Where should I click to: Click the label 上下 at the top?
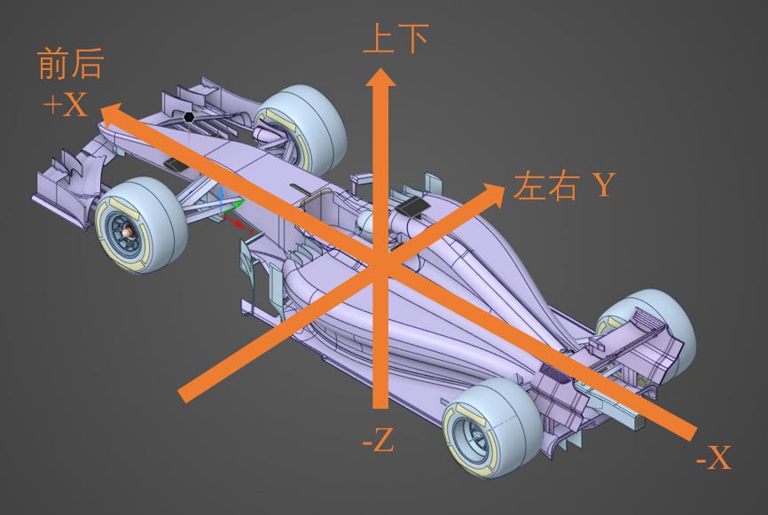point(396,39)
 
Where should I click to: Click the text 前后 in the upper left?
point(71,66)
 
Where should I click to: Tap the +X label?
point(66,105)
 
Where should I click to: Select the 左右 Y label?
point(563,186)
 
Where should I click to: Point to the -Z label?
point(379,440)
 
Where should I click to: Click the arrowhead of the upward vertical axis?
point(382,81)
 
